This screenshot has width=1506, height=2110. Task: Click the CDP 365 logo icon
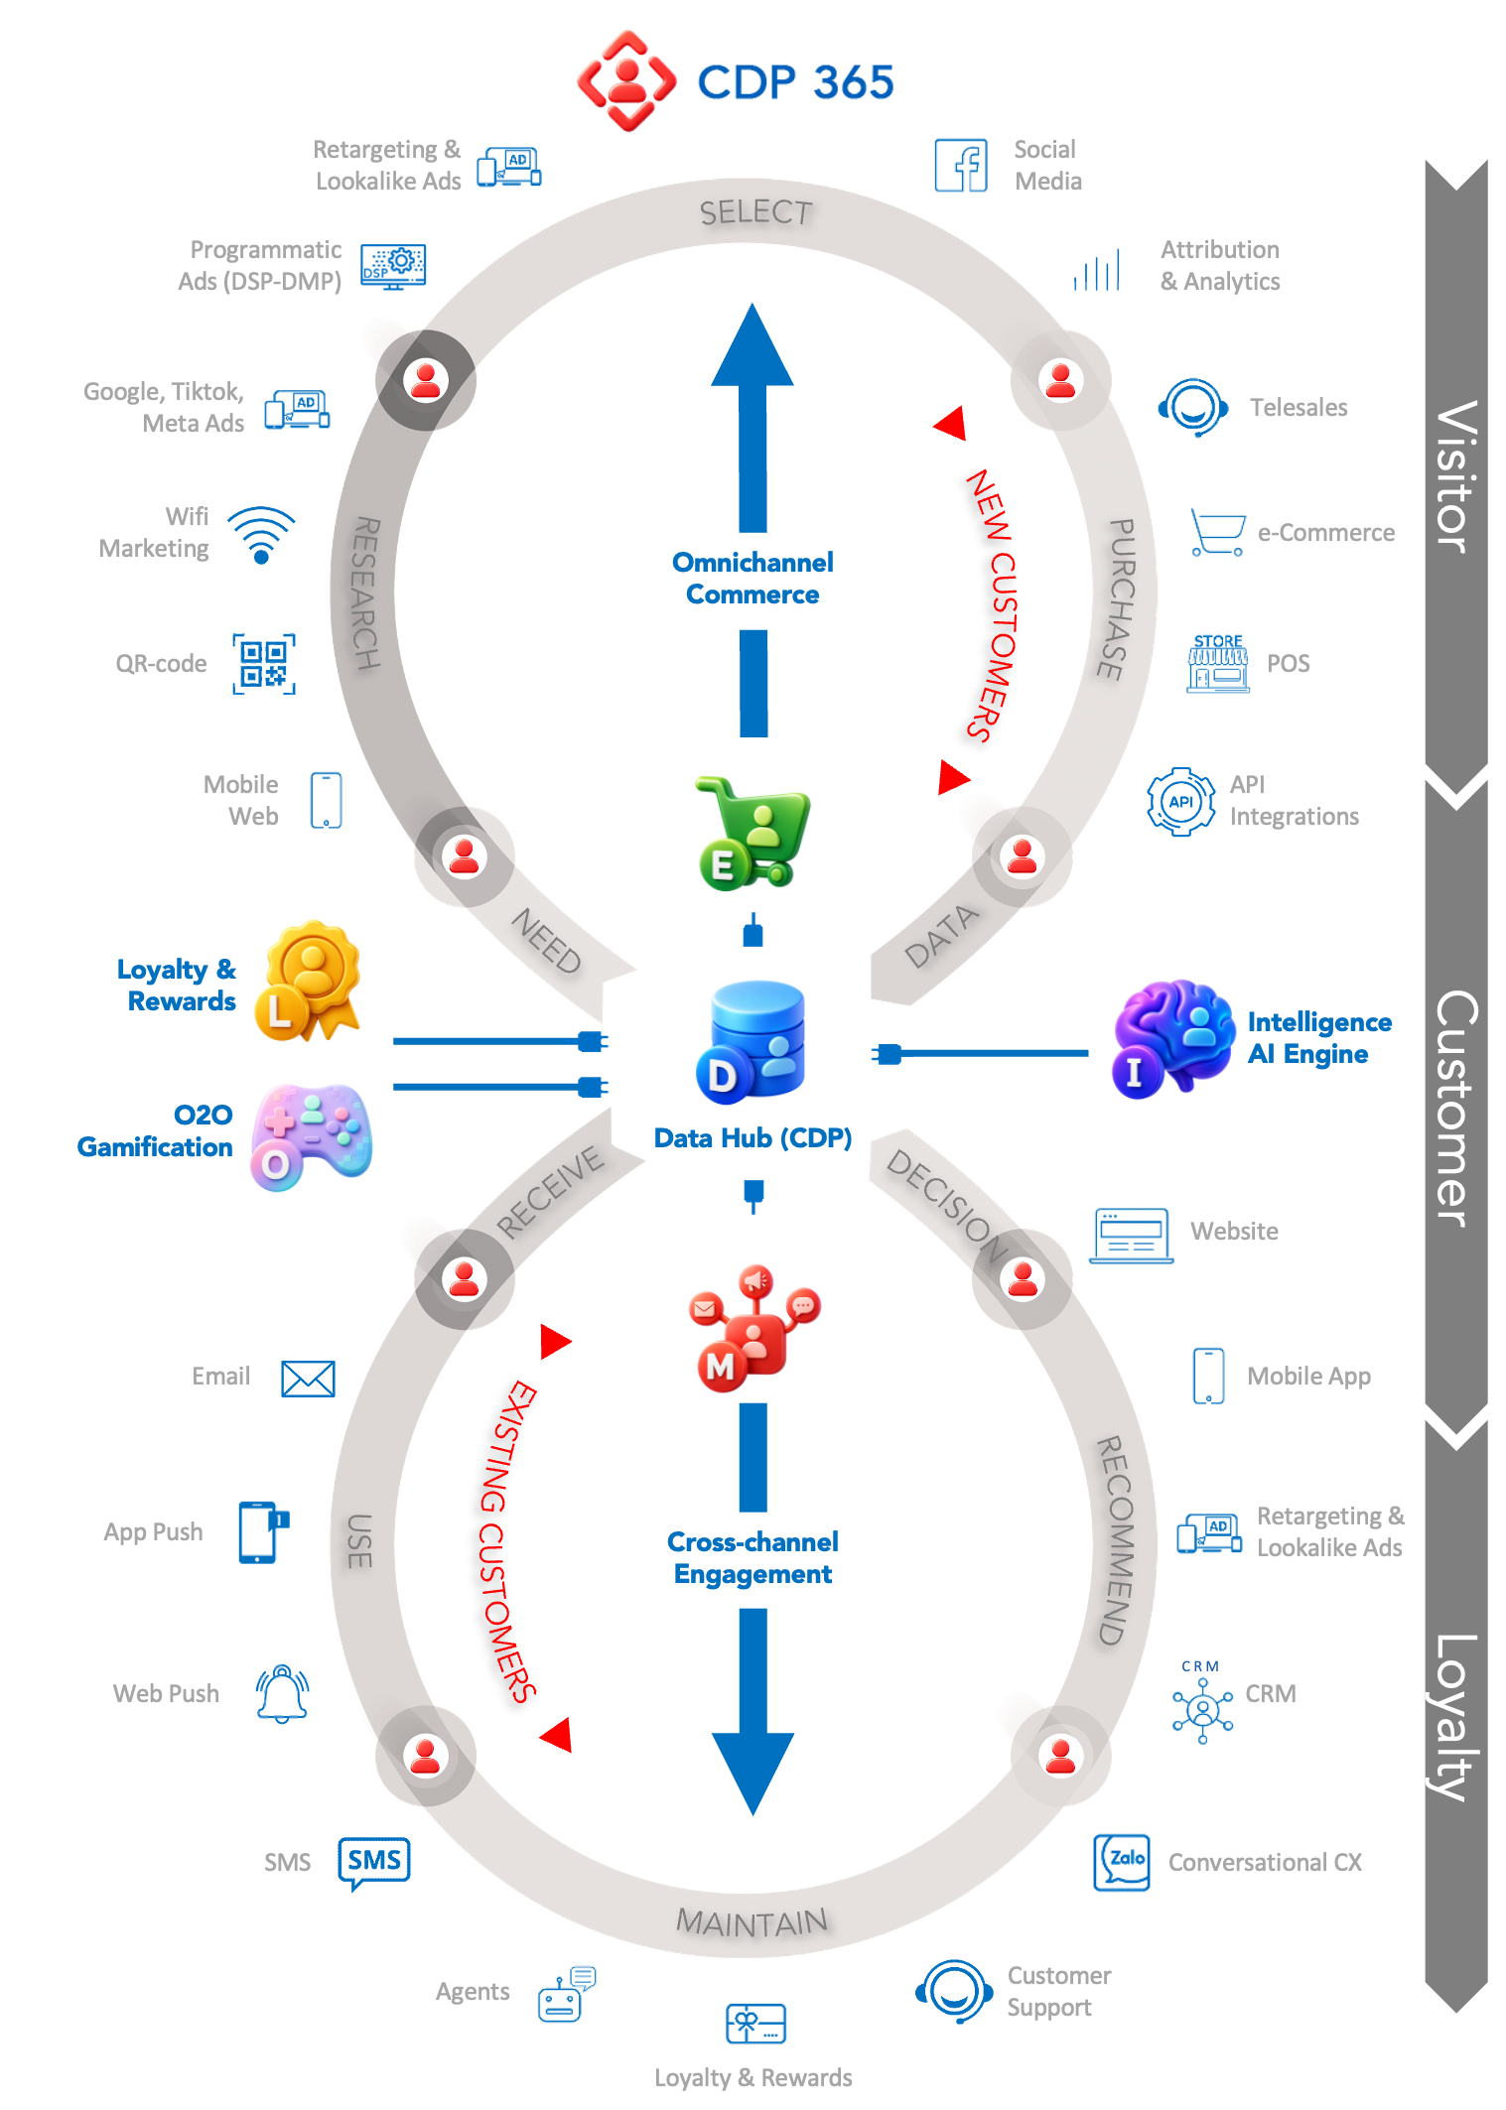coord(626,81)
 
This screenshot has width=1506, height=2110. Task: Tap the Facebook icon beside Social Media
coord(961,165)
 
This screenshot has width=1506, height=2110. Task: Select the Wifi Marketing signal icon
coord(261,535)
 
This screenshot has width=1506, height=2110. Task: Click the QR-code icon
coord(264,664)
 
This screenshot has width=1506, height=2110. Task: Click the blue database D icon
coord(752,1040)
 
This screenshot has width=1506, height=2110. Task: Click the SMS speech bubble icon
coord(374,1862)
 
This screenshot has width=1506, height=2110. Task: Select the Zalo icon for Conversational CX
coord(1122,1862)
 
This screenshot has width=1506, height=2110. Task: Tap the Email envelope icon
coord(308,1378)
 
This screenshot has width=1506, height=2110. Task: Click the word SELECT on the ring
coord(755,211)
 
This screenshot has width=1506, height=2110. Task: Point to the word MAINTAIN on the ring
coord(752,1922)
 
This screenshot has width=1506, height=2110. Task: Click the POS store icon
coord(1218,663)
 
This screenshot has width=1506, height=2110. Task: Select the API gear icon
coord(1180,802)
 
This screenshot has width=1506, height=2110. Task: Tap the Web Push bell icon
coord(283,1693)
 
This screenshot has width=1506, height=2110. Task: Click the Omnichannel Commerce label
coord(753,579)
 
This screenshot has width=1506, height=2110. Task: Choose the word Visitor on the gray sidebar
coord(1456,476)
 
